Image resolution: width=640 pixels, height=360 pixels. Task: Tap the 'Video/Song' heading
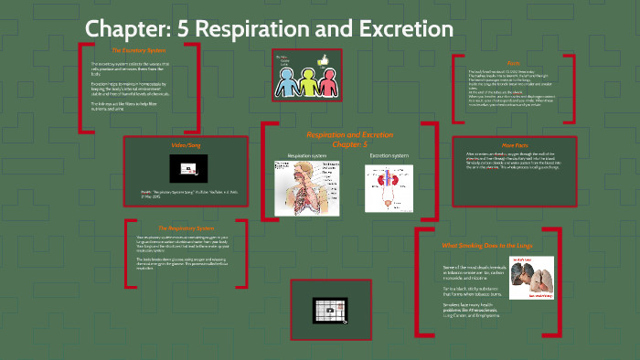(185, 145)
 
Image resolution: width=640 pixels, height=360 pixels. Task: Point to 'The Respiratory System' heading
(186, 228)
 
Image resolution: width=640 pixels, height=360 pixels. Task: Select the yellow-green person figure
(305, 83)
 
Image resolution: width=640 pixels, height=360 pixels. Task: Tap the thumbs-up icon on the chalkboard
(322, 60)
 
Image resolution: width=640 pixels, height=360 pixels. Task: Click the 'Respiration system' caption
(306, 155)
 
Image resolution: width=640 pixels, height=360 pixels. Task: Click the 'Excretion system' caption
(389, 155)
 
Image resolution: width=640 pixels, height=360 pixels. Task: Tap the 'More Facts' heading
(514, 145)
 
